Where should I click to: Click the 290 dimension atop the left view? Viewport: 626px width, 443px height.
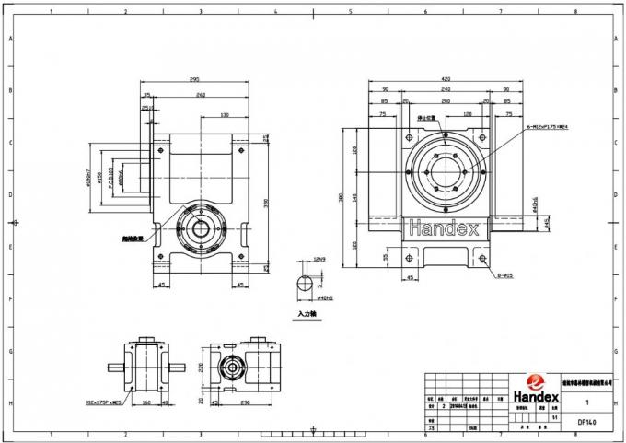point(194,79)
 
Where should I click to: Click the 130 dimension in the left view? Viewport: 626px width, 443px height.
point(225,115)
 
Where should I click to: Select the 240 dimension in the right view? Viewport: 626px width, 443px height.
point(446,89)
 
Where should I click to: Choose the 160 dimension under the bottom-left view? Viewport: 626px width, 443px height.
point(147,402)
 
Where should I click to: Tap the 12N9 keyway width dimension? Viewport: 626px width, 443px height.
point(320,260)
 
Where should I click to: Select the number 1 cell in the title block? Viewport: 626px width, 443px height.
point(586,402)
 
